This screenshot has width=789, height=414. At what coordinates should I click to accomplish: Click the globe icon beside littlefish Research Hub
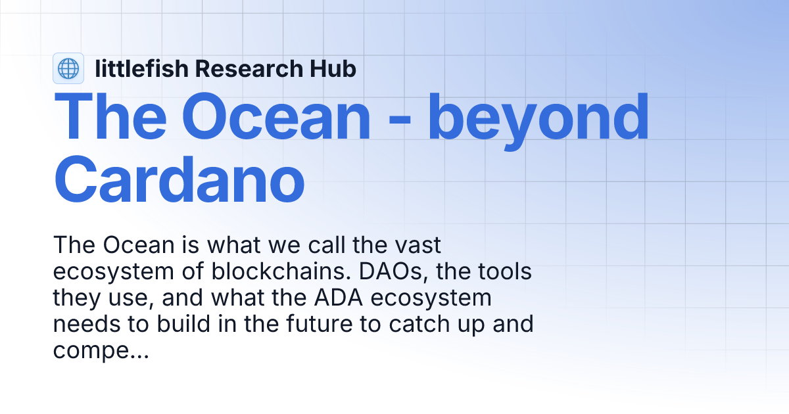(x=68, y=68)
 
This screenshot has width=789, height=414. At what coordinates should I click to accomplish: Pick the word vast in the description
(x=418, y=246)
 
